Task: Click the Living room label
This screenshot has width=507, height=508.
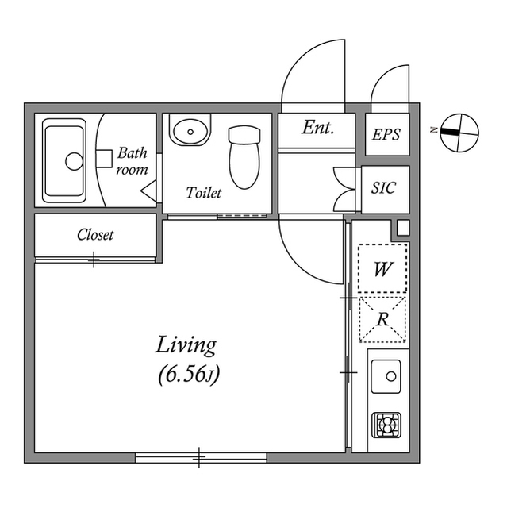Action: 186,346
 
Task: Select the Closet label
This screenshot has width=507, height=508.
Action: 95,235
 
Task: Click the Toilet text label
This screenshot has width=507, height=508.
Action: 204,193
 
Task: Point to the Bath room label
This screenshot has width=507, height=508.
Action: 133,160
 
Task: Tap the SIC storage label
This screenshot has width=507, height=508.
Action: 384,190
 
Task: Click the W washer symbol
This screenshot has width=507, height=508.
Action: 382,269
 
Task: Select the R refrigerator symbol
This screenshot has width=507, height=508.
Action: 382,320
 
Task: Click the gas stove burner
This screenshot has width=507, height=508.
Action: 387,426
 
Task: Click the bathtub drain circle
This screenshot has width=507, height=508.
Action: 74,162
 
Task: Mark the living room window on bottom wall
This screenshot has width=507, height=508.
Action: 200,456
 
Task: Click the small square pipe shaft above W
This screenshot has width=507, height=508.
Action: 401,229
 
